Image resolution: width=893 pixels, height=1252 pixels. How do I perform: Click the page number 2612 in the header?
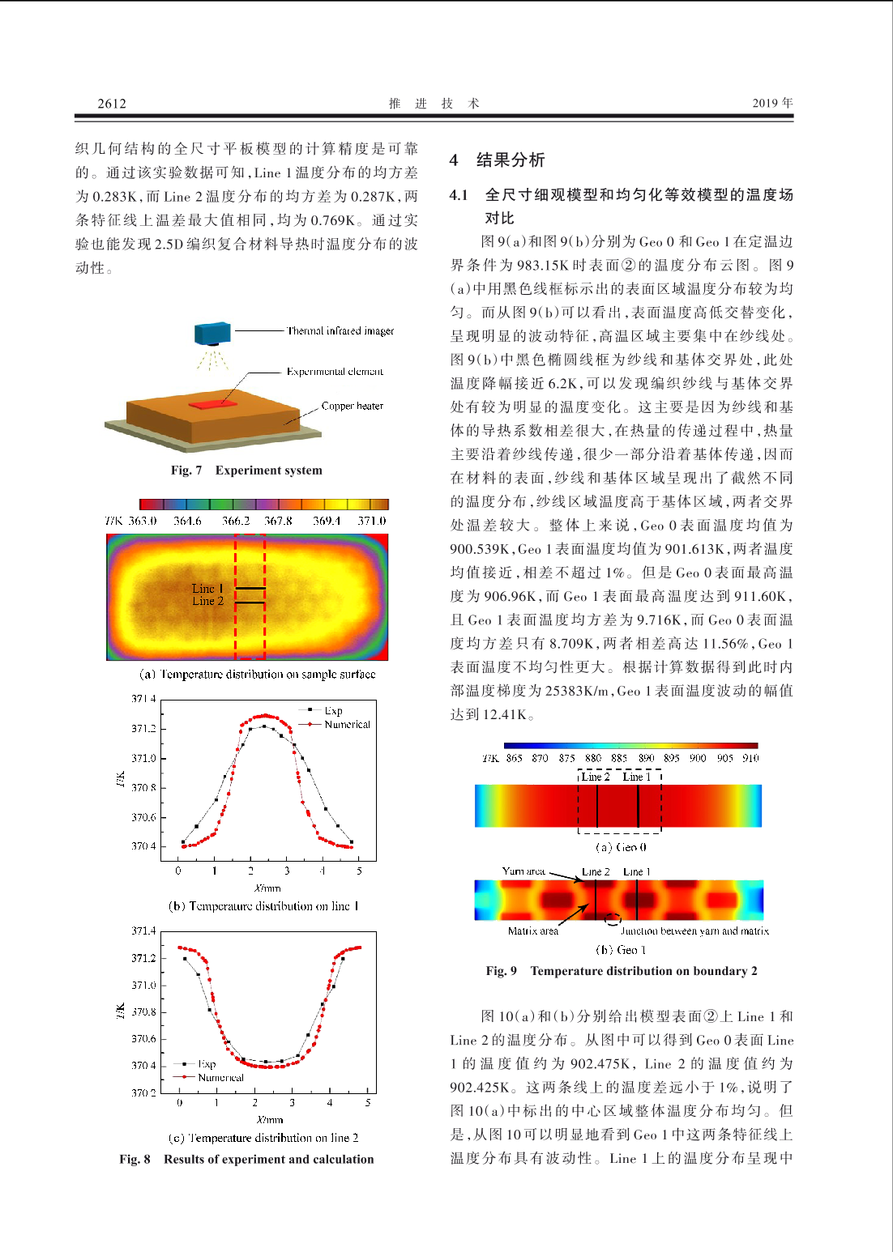(112, 103)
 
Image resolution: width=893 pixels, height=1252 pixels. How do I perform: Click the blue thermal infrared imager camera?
(212, 333)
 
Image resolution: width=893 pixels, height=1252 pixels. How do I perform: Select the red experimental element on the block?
(213, 402)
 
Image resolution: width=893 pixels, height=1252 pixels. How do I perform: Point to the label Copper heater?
(352, 406)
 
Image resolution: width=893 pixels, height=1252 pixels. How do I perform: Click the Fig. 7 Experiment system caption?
(246, 470)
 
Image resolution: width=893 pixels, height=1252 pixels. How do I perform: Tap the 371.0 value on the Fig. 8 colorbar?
(372, 521)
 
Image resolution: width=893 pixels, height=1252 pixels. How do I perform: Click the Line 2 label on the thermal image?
(207, 601)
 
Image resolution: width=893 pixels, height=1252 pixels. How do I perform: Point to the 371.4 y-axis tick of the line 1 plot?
(143, 698)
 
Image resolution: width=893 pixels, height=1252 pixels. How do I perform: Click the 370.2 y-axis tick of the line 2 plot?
(143, 1092)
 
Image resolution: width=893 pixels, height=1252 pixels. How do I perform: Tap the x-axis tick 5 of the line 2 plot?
(368, 1102)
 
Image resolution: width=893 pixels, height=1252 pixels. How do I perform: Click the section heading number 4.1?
(459, 194)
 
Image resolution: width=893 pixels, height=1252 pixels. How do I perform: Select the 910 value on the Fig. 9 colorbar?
(750, 758)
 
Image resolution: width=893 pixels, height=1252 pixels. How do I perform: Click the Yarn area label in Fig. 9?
(523, 871)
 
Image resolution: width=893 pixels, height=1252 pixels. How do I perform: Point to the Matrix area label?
(532, 930)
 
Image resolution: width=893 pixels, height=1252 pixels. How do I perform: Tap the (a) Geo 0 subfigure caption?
(621, 847)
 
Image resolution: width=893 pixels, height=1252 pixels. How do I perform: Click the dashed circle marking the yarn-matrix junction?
(613, 918)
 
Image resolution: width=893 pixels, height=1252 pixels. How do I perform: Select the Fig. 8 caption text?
(246, 1159)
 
